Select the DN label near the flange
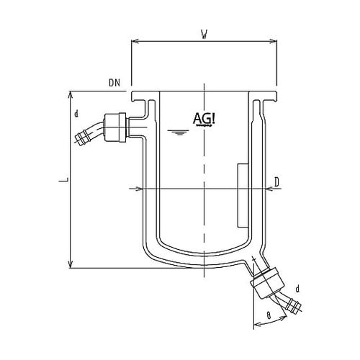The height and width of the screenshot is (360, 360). [x=114, y=84]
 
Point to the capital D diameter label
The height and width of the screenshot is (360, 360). [x=276, y=182]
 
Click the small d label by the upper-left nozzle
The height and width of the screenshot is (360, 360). [x=76, y=113]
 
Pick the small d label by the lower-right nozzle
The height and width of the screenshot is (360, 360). [x=297, y=289]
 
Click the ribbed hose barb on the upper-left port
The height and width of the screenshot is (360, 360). [x=88, y=134]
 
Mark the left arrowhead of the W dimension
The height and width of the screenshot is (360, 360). [x=134, y=41]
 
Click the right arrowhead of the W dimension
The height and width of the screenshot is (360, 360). [x=274, y=41]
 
